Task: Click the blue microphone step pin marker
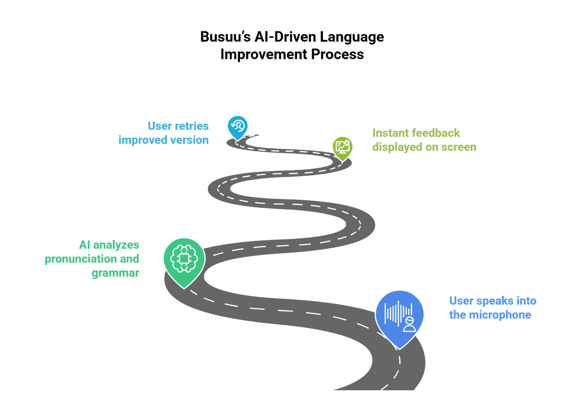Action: (400, 316)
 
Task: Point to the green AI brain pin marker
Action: (183, 260)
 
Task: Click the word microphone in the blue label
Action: (500, 315)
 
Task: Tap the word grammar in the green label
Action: (116, 273)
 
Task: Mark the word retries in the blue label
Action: (192, 126)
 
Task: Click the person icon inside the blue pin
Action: (410, 323)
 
